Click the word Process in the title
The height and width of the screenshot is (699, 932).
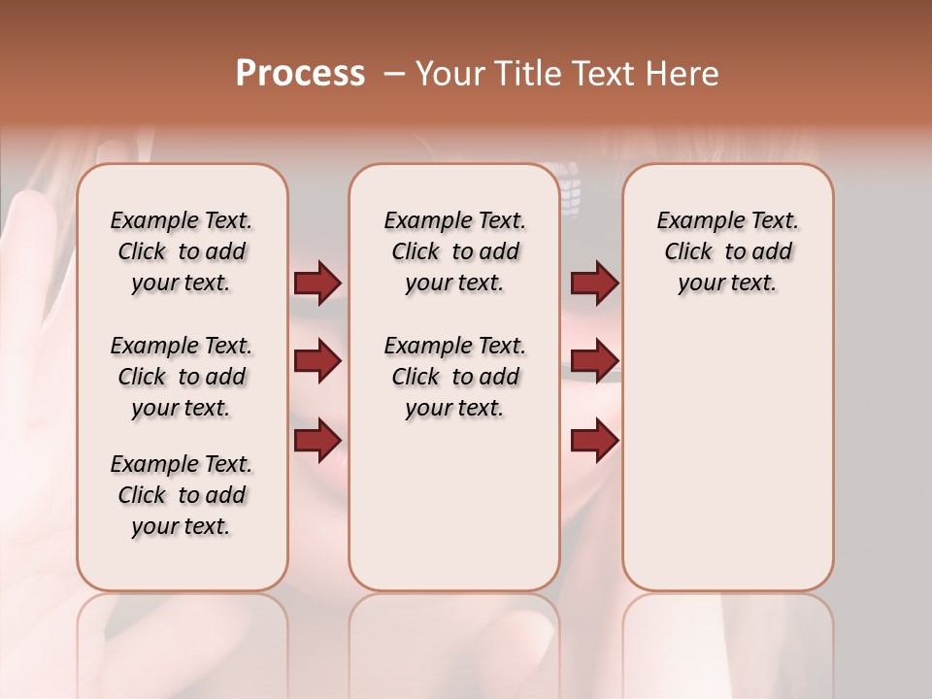[x=300, y=74]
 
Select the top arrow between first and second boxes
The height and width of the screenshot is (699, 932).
[x=317, y=283]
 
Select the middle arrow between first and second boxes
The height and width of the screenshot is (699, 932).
[x=317, y=362]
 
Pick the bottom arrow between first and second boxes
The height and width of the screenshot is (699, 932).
[x=317, y=440]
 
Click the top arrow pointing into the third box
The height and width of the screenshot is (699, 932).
[x=594, y=283]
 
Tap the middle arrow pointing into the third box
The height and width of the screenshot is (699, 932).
[x=594, y=362]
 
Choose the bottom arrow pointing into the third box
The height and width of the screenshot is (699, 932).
[x=594, y=440]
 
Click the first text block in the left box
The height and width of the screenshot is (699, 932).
[x=182, y=251]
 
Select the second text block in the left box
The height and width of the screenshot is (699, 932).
[x=182, y=377]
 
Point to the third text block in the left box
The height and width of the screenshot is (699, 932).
[x=182, y=495]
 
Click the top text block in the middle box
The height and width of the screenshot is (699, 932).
[x=454, y=251]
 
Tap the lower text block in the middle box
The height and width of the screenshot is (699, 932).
[x=454, y=377]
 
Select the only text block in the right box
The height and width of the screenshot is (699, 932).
[x=727, y=251]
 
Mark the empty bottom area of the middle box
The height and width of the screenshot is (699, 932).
[x=454, y=515]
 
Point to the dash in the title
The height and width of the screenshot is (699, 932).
[x=394, y=74]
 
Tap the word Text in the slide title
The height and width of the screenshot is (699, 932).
[x=599, y=74]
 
